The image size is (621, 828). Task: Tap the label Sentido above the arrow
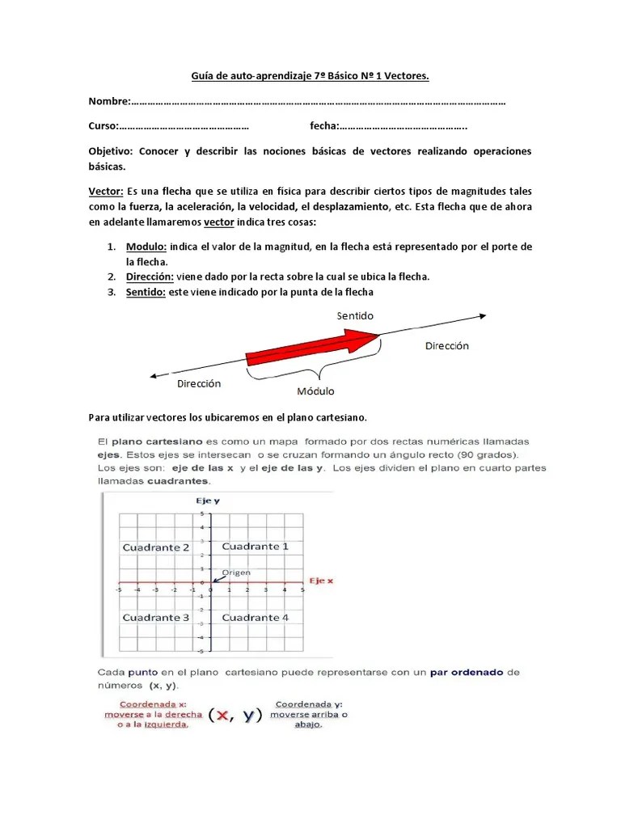[x=355, y=315]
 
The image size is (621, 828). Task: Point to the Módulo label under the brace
[x=315, y=391]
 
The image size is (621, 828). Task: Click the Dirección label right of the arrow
[x=446, y=345]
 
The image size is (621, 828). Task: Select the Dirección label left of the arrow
[x=199, y=383]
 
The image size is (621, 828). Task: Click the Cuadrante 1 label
[x=255, y=547]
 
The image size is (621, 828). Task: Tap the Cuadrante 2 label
[x=156, y=547]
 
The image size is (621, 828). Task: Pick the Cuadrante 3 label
[x=156, y=618]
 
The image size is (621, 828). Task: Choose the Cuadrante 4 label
[x=255, y=618]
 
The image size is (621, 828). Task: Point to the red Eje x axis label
[x=321, y=581]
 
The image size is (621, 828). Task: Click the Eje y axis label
[x=207, y=501]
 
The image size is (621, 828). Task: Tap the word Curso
[x=103, y=127]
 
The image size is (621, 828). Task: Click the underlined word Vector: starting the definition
[x=105, y=191]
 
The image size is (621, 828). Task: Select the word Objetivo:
[x=110, y=151]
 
